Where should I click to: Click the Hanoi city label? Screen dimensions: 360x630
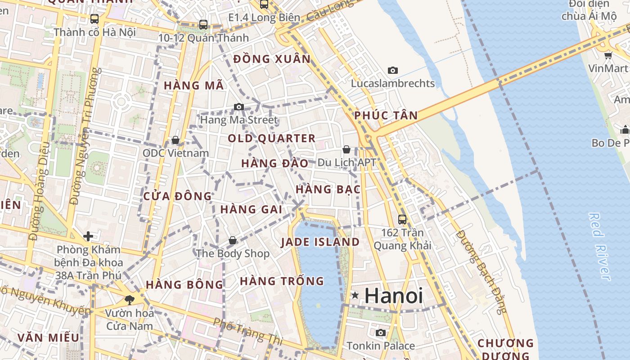coord(394,296)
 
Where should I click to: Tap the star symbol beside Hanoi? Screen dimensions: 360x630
coord(355,296)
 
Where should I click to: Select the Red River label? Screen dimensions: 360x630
coord(600,247)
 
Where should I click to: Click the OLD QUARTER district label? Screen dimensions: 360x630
coord(271,138)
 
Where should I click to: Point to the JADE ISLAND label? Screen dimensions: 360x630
coord(320,242)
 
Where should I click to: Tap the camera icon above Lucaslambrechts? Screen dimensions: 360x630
coord(393,70)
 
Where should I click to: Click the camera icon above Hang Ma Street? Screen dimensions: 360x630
coord(239,107)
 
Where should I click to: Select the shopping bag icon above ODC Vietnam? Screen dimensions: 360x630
coord(175,140)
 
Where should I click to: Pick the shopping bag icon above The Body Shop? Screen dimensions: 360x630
coord(233,240)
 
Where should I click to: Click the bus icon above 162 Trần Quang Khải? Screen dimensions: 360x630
coord(402,220)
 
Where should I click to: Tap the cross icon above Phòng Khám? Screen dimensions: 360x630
coord(88,236)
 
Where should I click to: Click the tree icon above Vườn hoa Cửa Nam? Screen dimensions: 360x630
coord(130,299)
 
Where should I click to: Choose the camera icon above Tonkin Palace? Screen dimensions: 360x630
coord(381,333)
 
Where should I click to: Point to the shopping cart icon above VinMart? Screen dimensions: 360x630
coord(608,55)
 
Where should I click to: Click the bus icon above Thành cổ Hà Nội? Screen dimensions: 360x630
coord(94,19)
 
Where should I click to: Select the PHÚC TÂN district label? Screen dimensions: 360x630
coord(386,115)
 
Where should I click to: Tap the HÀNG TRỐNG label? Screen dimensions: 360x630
coord(282,281)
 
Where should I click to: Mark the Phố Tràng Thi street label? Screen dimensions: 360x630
coord(248,332)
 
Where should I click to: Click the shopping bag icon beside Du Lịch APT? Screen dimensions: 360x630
coord(346,149)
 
